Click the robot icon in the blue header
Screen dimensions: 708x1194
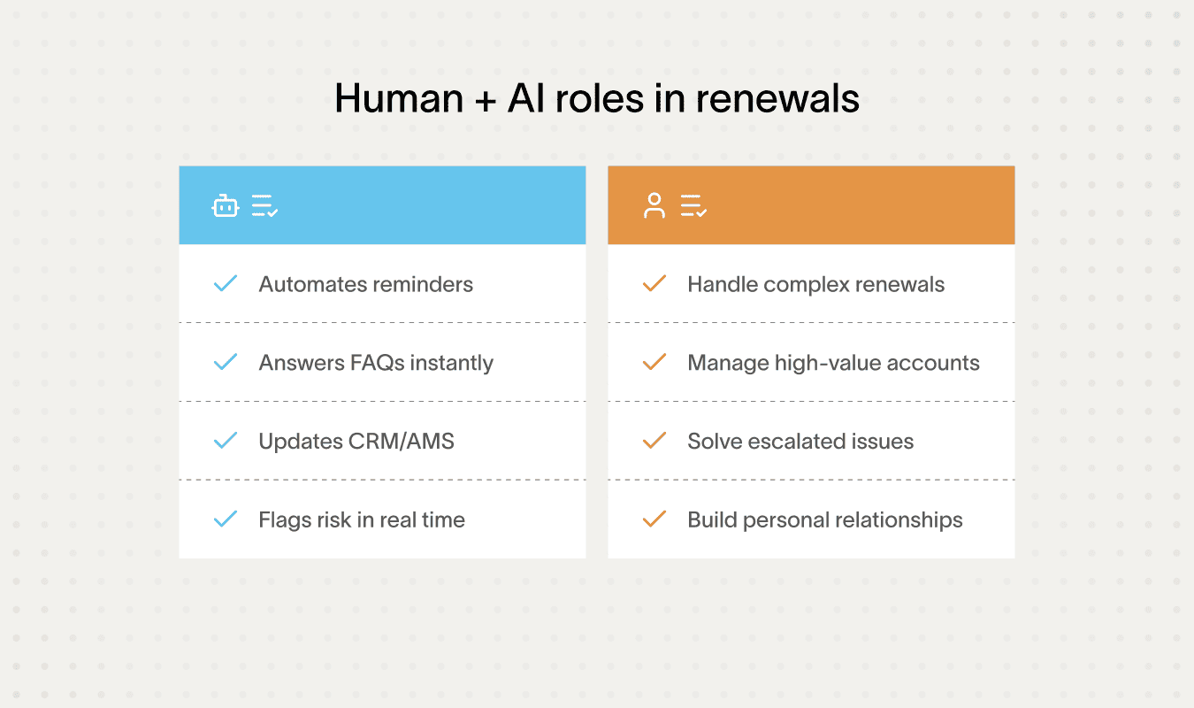tap(226, 206)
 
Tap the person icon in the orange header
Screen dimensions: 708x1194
tap(654, 206)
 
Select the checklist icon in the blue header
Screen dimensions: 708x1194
tap(264, 206)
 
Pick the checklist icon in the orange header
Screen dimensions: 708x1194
tap(693, 206)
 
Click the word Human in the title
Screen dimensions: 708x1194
tap(399, 99)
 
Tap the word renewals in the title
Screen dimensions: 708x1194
tap(777, 99)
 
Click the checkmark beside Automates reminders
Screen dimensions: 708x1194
tap(226, 284)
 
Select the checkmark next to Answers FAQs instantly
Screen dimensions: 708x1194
tap(226, 362)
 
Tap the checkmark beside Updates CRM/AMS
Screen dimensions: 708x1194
tap(226, 441)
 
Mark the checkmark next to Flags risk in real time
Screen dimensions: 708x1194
tap(226, 519)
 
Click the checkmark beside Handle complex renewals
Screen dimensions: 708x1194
tap(654, 284)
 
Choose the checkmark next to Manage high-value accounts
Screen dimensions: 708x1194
tap(654, 362)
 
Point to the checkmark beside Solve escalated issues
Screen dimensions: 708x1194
tap(654, 441)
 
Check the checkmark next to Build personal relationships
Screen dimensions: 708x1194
tap(654, 519)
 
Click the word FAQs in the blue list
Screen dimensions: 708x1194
tap(379, 363)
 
